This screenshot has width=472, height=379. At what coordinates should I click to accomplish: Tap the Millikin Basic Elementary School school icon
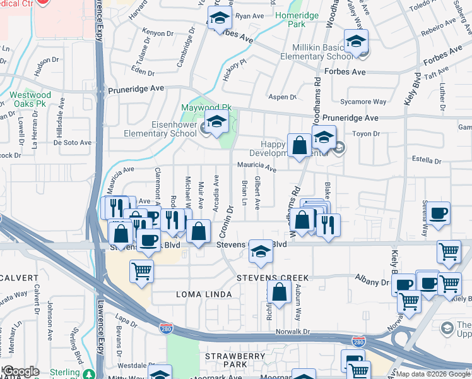tap(357, 42)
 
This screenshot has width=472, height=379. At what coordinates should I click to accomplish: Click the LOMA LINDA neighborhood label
tap(194, 294)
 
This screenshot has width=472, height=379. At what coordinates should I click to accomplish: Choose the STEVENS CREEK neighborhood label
tap(273, 278)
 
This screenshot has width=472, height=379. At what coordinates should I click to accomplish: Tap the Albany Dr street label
tap(373, 280)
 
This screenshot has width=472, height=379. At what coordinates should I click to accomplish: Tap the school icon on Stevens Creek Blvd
tap(259, 251)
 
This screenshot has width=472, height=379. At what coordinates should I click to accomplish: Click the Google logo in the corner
tap(21, 371)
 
